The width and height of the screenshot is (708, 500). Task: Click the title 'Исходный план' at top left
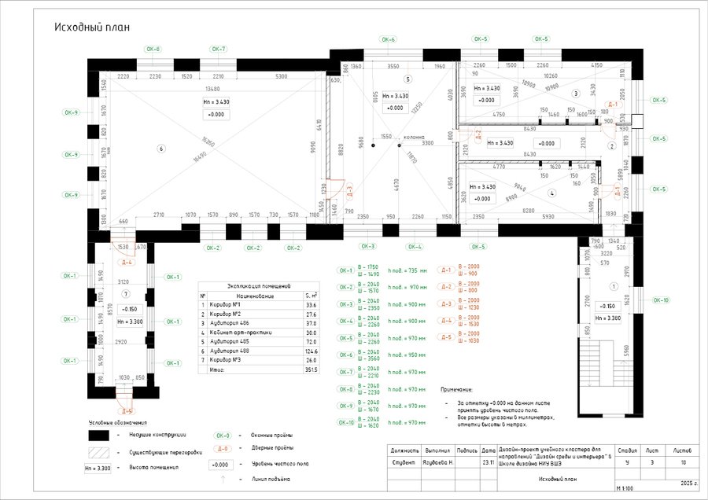(91, 27)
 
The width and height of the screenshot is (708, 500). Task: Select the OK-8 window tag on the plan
(153, 49)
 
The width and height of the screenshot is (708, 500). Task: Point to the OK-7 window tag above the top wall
(218, 49)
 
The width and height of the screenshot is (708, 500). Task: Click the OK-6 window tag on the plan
(388, 39)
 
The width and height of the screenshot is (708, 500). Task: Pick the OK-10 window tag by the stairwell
(661, 300)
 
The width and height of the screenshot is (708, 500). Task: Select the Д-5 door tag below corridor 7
(127, 410)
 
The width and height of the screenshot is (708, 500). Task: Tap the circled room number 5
(407, 79)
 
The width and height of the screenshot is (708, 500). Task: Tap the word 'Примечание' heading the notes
(457, 389)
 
